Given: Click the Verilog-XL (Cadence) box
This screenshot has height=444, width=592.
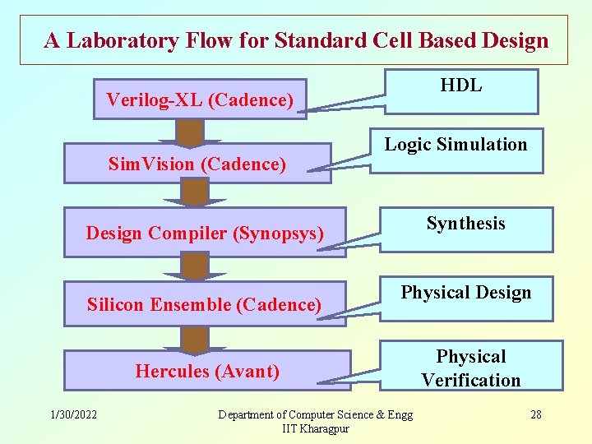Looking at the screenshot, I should pos(200,99).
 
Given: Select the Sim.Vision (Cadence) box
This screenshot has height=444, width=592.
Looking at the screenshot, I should pos(197,164).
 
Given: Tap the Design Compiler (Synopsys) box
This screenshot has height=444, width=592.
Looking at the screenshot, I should pos(205,233).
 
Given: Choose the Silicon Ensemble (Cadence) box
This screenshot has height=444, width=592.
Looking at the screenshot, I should pos(204,304).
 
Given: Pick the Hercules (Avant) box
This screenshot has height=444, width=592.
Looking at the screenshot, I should pos(207,371).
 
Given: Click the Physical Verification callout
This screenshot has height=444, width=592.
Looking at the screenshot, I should pos(471,367).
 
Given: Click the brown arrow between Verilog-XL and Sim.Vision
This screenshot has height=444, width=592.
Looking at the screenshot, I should pos(191,133).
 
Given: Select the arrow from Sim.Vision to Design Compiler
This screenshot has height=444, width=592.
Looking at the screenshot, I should pos(195,193).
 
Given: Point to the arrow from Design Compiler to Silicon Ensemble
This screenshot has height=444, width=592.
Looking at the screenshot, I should pos(195,266).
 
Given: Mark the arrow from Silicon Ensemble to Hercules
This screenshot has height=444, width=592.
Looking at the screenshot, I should pos(195,337).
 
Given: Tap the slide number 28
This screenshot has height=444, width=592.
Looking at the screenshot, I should pos(535,414).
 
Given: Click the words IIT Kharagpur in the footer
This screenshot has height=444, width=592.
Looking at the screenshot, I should pos(316,429).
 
